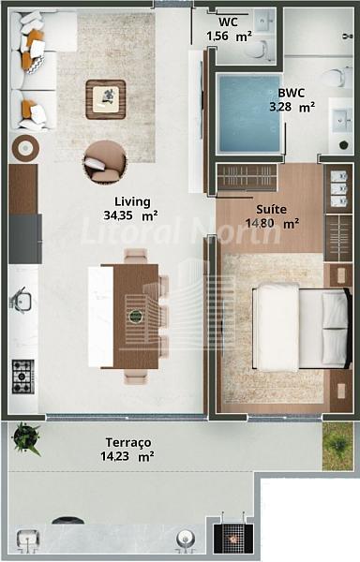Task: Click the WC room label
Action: pos(228,22)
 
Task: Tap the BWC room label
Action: pos(292,93)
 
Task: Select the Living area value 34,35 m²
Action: pos(130,215)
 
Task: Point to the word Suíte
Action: pos(271,209)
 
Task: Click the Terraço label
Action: pos(128,443)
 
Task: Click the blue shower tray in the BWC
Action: pos(249,113)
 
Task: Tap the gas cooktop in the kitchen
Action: pos(23,377)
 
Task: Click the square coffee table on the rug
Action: pos(106,99)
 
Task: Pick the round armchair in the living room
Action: pos(105,162)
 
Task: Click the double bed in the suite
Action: pos(302,327)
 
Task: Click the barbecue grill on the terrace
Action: pos(233,539)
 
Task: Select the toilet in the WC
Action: pos(257,50)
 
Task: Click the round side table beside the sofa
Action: pos(25,148)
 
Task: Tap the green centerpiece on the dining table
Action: pos(136,317)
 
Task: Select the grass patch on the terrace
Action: pos(337,446)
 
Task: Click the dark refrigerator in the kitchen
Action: pos(24,239)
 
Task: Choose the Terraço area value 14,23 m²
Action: pos(127,457)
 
